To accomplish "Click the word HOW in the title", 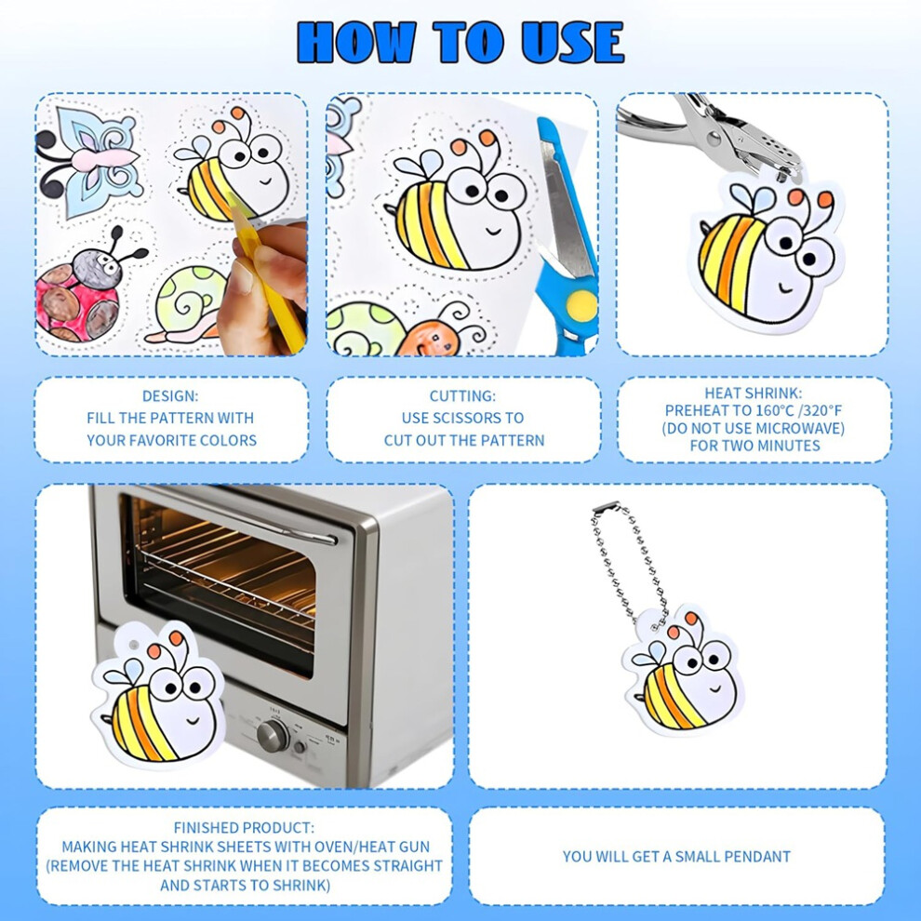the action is tap(357, 42).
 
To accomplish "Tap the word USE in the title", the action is tap(572, 42).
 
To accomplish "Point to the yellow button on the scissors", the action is tap(581, 305).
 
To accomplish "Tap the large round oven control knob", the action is tap(274, 735).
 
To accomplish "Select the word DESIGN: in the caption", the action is tap(170, 396).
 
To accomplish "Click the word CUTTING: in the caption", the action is tap(463, 396).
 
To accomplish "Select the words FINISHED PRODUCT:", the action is tap(244, 828).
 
